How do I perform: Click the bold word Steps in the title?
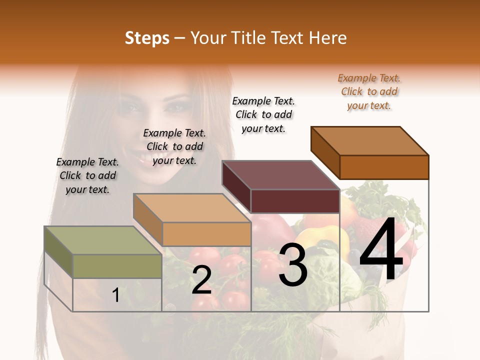[147, 38]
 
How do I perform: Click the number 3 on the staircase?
[293, 265]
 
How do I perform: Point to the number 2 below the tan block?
[201, 280]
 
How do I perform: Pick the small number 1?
[115, 295]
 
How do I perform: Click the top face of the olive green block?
[102, 240]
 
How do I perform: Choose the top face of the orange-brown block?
[369, 140]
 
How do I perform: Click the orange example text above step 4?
[369, 91]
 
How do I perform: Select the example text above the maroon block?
[263, 114]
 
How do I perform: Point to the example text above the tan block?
[174, 146]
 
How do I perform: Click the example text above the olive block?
[87, 175]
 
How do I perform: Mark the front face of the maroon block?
[295, 201]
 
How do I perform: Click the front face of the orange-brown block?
[384, 167]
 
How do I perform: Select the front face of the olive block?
[117, 266]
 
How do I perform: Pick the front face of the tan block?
[206, 234]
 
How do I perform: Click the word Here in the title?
[328, 38]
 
